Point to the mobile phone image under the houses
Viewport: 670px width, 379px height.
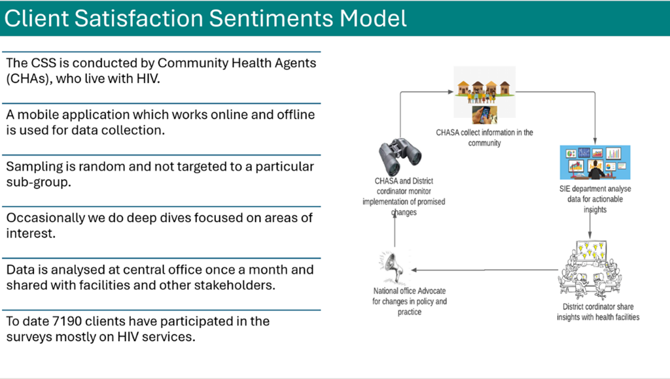[485, 115]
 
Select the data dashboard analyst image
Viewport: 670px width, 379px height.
[595, 162]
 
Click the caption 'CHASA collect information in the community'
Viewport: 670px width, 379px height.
[485, 137]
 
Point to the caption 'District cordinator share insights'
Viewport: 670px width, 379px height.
[598, 312]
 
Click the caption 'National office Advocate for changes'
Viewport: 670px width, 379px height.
[410, 301]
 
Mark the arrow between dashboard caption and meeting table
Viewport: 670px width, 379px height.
[591, 227]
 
